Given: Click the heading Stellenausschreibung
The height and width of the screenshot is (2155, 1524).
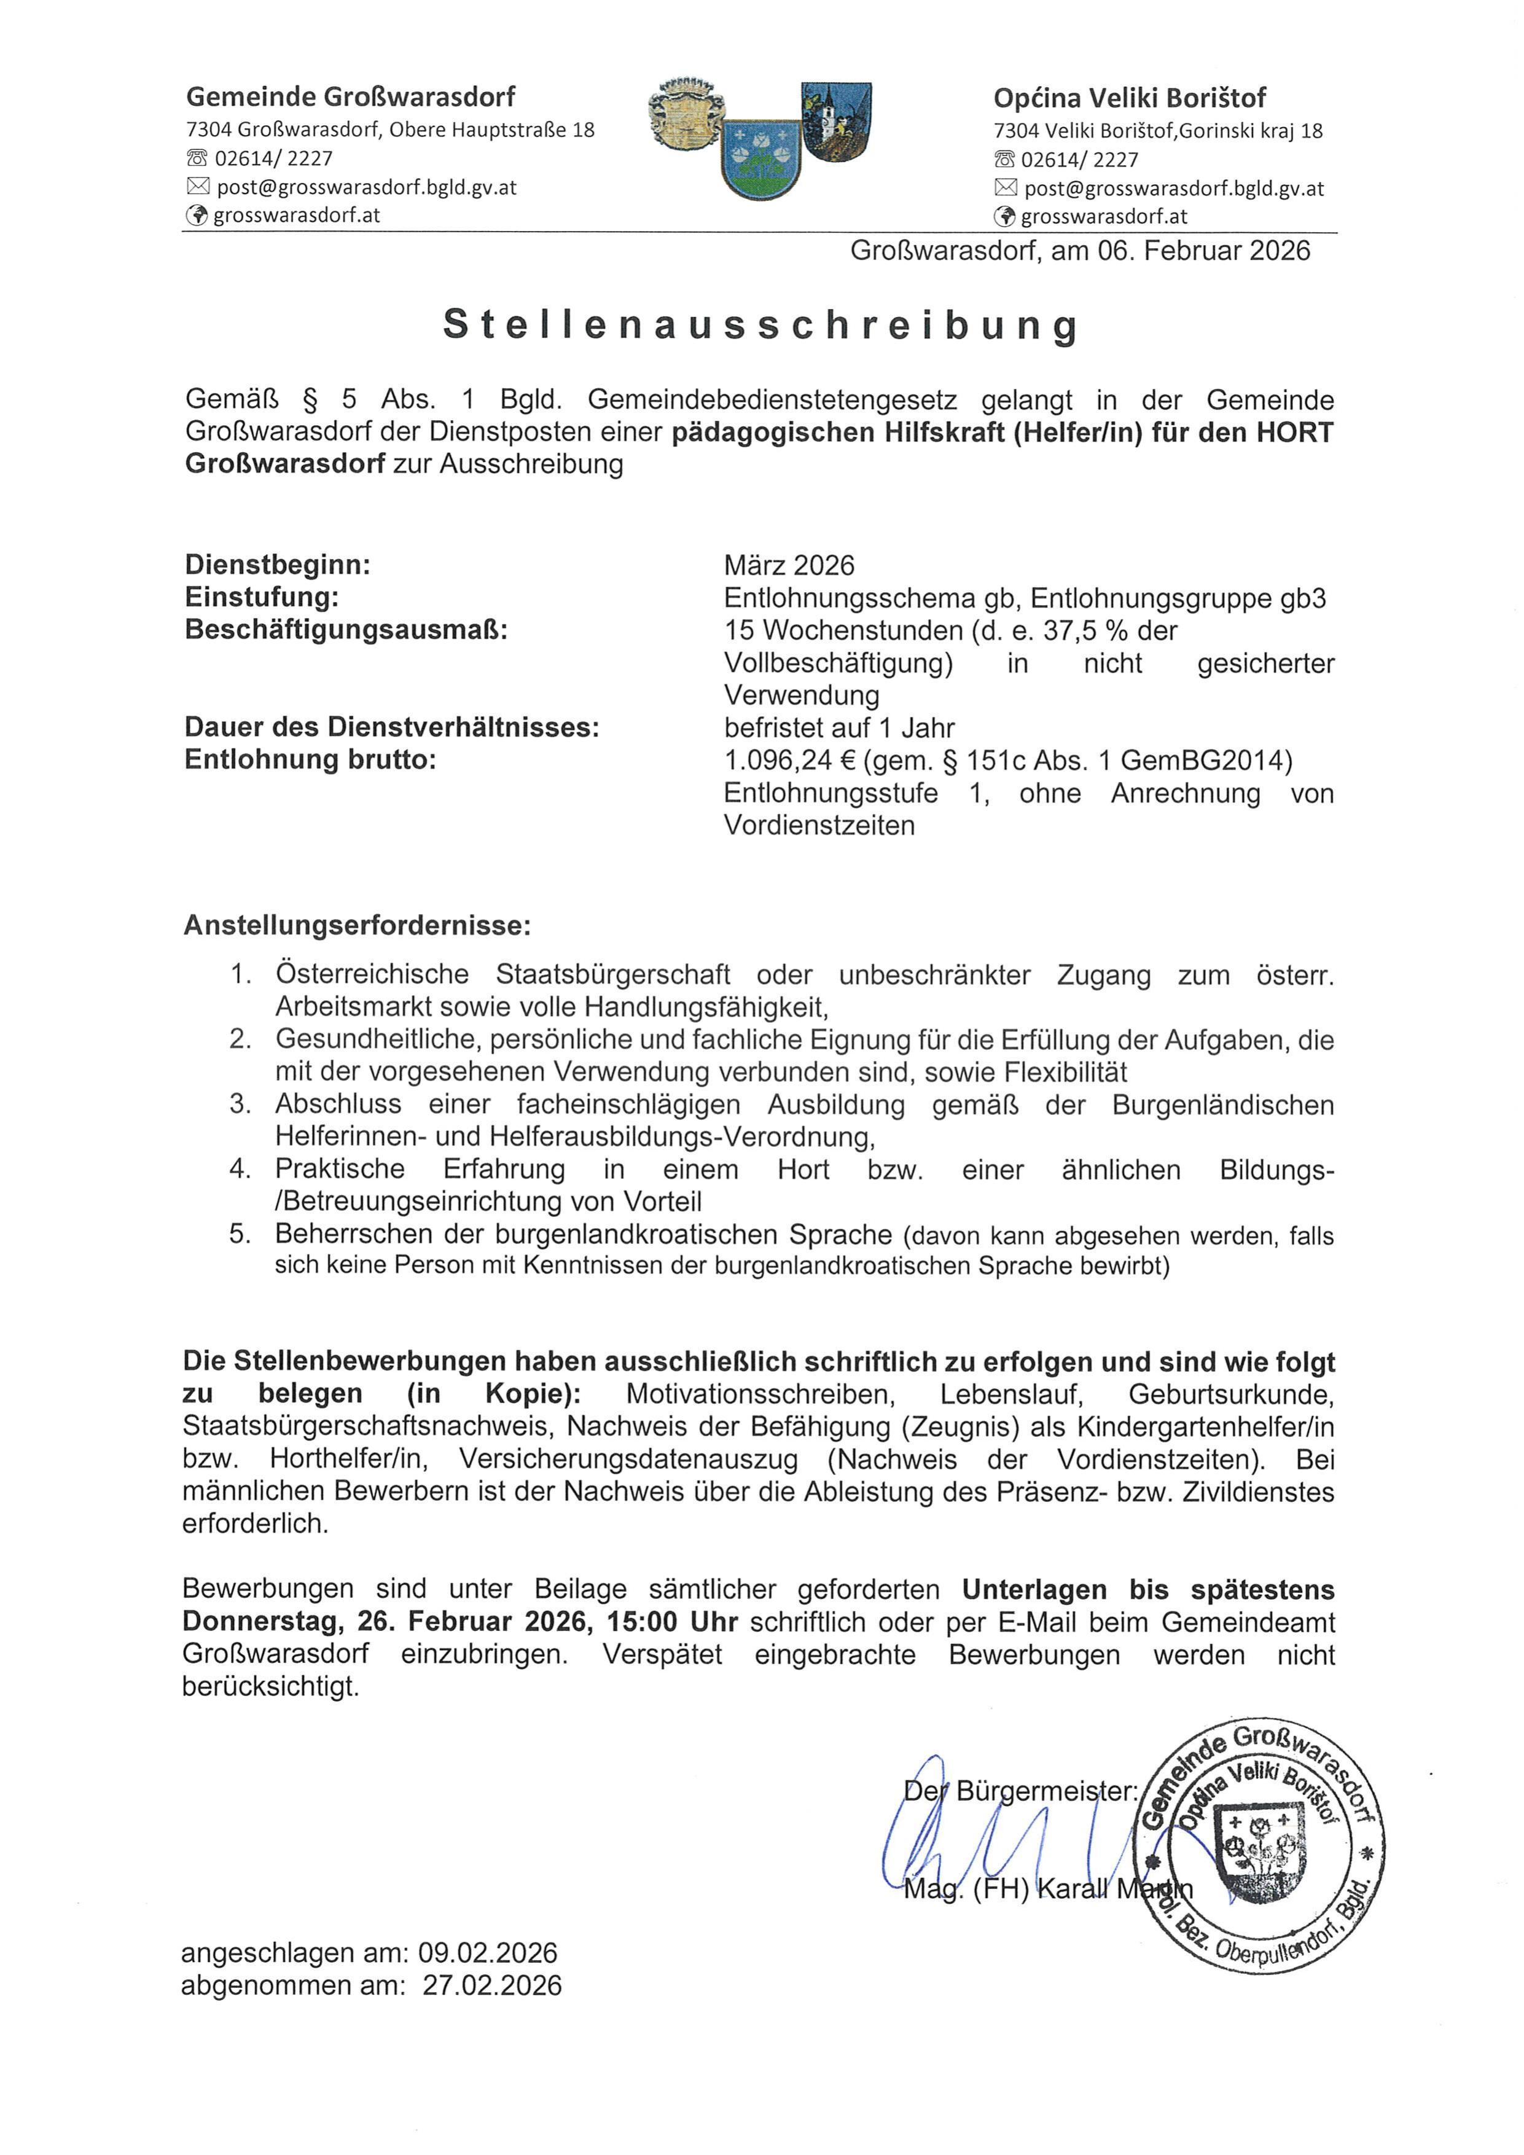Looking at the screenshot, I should click(x=761, y=325).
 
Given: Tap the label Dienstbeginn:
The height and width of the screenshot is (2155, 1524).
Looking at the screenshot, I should click(x=278, y=565).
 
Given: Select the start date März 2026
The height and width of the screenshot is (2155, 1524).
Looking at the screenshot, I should click(x=789, y=565).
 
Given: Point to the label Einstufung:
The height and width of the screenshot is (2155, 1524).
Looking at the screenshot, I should click(x=262, y=597).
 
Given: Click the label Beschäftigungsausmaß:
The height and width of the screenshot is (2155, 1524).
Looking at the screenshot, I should click(x=346, y=629).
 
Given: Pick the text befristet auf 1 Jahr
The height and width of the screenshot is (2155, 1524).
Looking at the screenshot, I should click(x=839, y=727).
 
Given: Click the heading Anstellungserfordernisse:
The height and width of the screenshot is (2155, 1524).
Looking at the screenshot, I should click(x=358, y=925).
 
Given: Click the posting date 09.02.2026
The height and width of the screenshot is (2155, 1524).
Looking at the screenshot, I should click(x=488, y=1954).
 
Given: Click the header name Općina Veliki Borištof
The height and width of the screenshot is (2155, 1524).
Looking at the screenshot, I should click(x=1130, y=98).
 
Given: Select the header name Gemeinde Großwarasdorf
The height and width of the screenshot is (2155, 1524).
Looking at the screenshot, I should click(x=351, y=96).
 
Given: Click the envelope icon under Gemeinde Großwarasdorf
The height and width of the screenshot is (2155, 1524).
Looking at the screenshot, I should click(x=198, y=187).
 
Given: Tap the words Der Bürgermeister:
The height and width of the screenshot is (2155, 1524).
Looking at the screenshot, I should click(x=1021, y=1791).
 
